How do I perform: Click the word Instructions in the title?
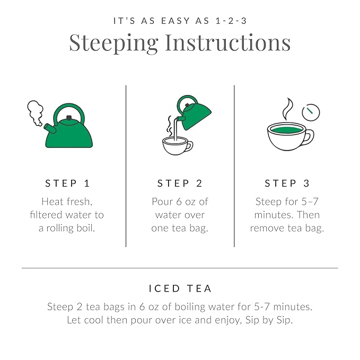[x=228, y=42]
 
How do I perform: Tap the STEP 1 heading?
[x=67, y=183]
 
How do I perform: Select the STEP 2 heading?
[x=180, y=183]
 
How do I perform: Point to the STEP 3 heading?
[x=287, y=183]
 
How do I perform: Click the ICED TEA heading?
[x=180, y=289]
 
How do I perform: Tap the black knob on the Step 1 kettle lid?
[x=69, y=118]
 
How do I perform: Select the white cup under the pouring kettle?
[x=177, y=146]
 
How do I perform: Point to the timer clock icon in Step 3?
[x=311, y=111]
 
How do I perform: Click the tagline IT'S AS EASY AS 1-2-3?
[x=180, y=21]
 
